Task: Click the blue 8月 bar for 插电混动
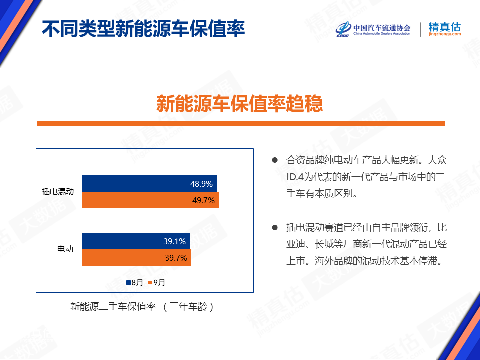tap(150, 183)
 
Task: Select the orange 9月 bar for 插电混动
tap(150, 200)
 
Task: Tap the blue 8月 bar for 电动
tap(136, 241)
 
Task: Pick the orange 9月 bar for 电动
tap(137, 258)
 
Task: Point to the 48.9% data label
tap(201, 184)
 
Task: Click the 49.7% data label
tap(203, 200)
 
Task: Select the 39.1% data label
tap(175, 241)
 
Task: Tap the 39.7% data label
tap(176, 258)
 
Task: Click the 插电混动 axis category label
tap(58, 192)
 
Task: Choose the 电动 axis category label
tap(65, 249)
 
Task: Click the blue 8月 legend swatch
tap(129, 283)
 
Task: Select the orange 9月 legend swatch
tap(150, 283)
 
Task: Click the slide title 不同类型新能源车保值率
tap(143, 29)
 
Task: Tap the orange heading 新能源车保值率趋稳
tap(239, 104)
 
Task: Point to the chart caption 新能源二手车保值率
tap(113, 306)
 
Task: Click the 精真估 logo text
tap(445, 27)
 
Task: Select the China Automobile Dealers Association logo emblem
tap(343, 29)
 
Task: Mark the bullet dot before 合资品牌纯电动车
tap(275, 160)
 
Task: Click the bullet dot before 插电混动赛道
tap(275, 228)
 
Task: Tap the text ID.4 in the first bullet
tap(294, 177)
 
